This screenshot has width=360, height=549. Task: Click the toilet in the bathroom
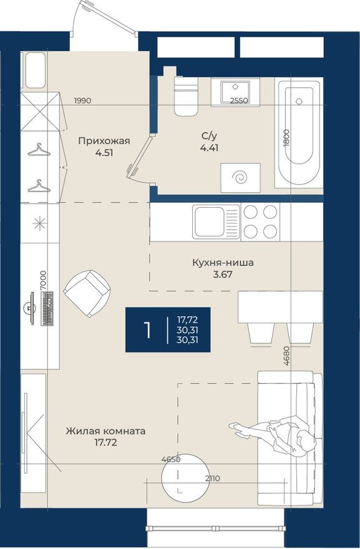point(185,97)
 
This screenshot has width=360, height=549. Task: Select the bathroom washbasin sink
point(235,92)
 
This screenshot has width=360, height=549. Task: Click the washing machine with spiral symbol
point(240,178)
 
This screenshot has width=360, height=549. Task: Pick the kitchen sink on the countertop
point(216,222)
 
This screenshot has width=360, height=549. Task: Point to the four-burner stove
point(261,222)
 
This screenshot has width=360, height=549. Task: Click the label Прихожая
point(104,141)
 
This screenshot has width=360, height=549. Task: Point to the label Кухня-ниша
point(223,263)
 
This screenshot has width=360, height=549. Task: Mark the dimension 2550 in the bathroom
point(239,100)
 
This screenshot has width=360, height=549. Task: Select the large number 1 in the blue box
point(147,330)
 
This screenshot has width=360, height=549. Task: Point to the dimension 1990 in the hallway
point(83,100)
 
